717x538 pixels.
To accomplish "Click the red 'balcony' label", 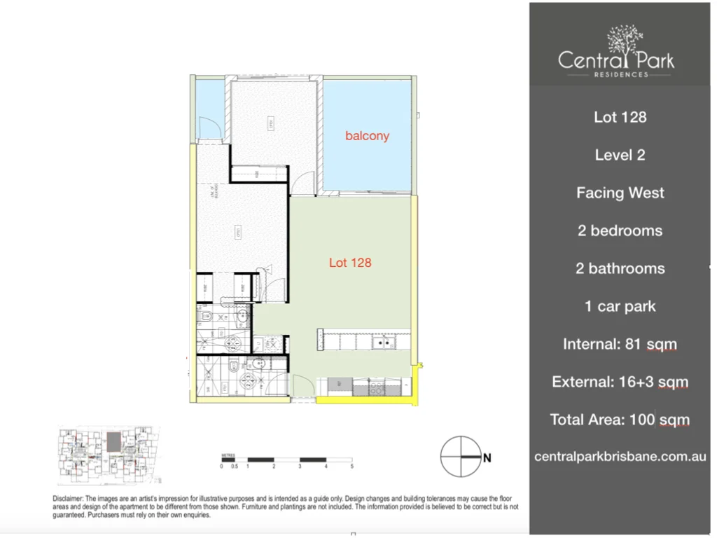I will [367, 136].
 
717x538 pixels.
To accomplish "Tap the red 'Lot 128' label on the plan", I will [350, 263].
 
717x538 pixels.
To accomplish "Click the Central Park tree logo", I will [625, 41].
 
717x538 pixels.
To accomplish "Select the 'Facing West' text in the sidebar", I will [620, 193].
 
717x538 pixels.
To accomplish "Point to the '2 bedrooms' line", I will [620, 230].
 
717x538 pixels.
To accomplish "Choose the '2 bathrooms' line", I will [620, 268].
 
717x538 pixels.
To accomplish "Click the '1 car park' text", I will [620, 306].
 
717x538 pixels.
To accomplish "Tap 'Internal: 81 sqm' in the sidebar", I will [620, 344].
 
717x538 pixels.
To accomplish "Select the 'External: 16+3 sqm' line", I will [620, 382].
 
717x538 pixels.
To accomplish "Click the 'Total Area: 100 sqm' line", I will [620, 420].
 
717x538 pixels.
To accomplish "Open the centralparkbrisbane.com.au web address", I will [620, 457].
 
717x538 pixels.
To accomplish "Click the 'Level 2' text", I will [620, 155].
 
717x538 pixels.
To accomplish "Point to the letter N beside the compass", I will [487, 458].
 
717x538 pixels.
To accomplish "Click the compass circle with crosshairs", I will [460, 457].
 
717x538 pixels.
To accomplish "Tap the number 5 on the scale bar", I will [351, 466].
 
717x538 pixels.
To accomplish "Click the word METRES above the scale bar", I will [228, 454].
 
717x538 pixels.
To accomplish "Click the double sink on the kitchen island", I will [381, 343].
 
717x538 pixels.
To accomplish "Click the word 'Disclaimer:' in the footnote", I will [69, 498].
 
